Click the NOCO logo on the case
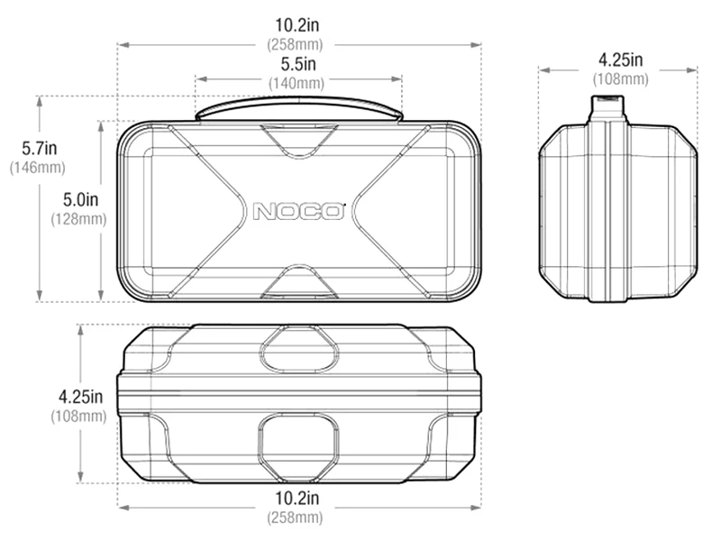(x=299, y=212)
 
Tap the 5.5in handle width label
(x=298, y=64)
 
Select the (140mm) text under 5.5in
(x=297, y=83)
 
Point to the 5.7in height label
(x=39, y=148)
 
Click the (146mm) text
(x=37, y=168)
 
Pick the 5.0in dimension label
(x=80, y=199)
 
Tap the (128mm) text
(x=78, y=219)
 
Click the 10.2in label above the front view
(x=297, y=25)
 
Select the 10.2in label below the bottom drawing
(x=297, y=498)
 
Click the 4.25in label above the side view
(x=620, y=60)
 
